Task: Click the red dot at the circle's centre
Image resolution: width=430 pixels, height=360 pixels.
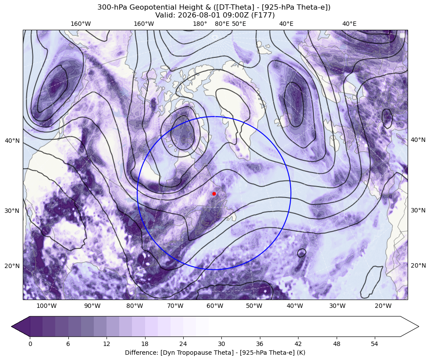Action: [x=214, y=194]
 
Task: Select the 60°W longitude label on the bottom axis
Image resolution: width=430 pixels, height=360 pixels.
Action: [x=215, y=306]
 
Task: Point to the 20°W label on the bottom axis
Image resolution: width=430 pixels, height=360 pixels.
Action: [x=383, y=306]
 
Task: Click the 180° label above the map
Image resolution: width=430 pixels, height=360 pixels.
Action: [x=200, y=24]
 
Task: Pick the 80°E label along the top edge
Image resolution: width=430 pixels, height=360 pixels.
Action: [x=222, y=24]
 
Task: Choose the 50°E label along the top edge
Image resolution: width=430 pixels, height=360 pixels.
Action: [x=239, y=24]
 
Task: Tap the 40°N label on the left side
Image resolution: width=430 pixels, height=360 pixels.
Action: [x=12, y=141]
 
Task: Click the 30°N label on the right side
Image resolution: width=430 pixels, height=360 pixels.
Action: [x=418, y=210]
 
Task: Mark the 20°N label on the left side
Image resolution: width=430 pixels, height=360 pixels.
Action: [x=12, y=266]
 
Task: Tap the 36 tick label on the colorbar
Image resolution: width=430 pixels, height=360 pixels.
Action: [x=259, y=344]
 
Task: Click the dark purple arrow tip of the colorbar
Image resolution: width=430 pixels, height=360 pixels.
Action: [x=11, y=326]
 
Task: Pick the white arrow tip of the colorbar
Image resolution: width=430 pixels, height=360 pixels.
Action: [x=419, y=326]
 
